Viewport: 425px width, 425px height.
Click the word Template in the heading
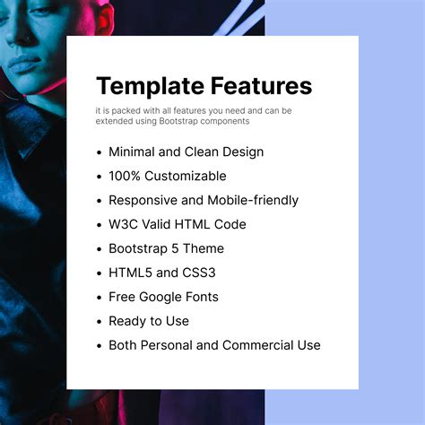pos(150,86)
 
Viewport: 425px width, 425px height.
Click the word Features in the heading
pos(262,86)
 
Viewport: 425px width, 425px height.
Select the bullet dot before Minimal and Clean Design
pos(99,152)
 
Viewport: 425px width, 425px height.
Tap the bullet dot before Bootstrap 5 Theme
pos(99,249)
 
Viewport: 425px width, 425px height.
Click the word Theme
pos(204,248)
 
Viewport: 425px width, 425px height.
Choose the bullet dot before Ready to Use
pos(99,322)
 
